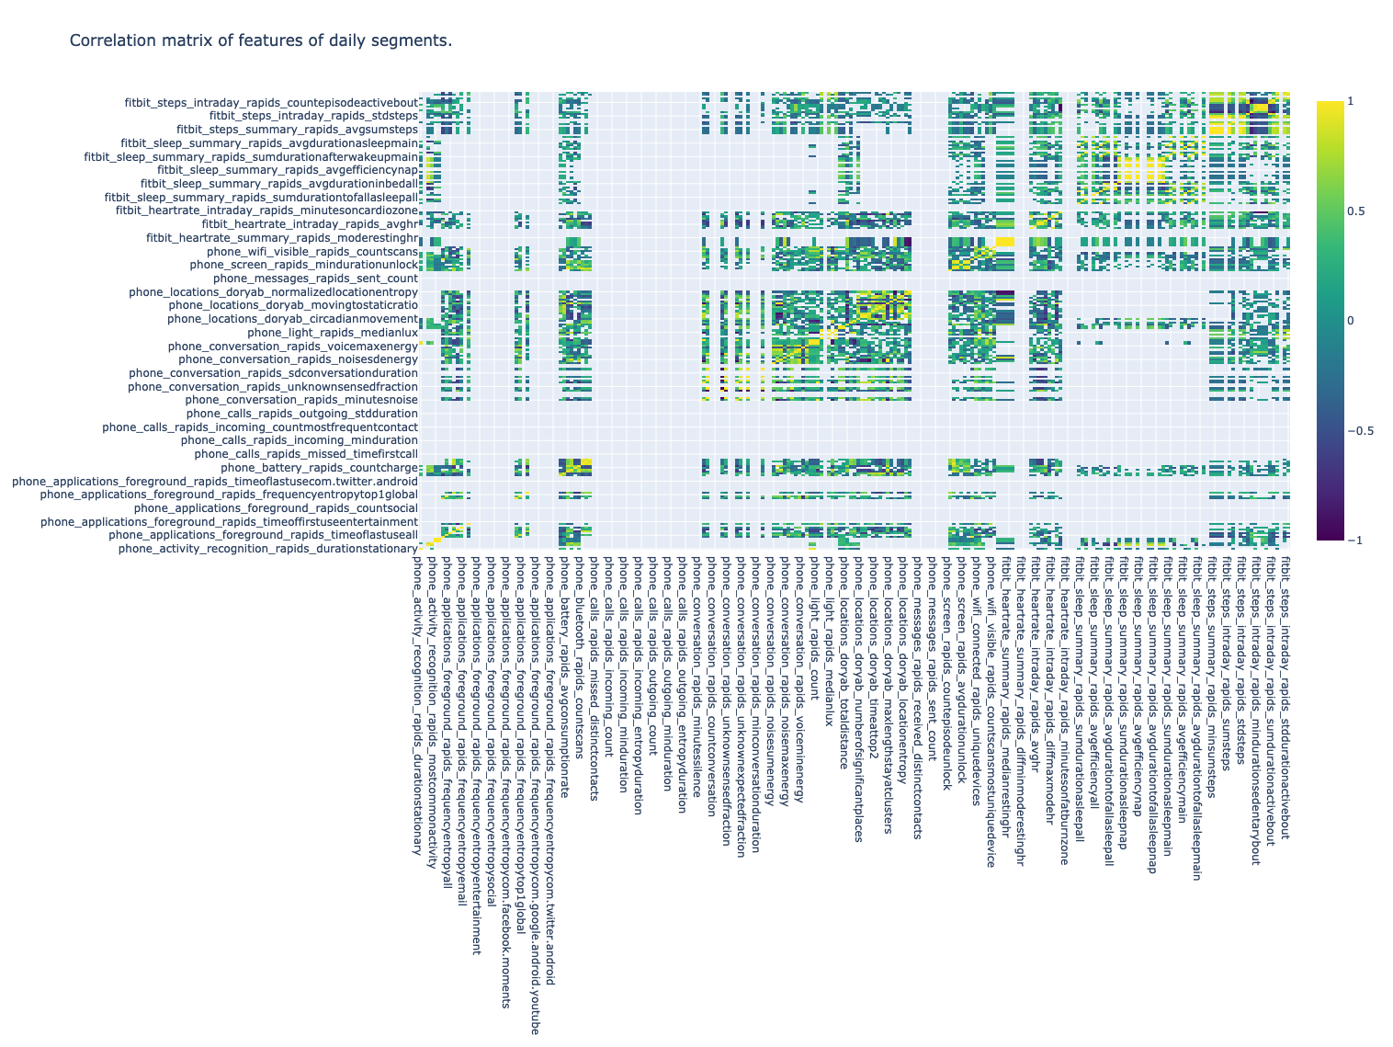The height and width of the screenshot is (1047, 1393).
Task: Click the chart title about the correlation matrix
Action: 260,40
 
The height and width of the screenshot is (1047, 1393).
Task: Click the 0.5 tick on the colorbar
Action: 1355,211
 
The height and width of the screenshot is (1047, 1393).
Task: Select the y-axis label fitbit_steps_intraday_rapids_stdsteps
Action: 314,116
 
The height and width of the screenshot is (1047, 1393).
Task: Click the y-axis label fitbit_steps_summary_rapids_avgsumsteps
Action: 298,130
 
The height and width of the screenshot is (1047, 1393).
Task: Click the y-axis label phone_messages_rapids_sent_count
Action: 315,278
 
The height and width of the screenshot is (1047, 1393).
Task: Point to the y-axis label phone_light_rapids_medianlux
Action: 333,332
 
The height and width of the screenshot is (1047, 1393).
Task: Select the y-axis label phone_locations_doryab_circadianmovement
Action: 293,319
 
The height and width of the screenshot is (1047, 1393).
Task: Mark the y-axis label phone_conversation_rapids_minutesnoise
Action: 301,400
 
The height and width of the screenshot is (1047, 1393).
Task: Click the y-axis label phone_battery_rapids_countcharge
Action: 319,468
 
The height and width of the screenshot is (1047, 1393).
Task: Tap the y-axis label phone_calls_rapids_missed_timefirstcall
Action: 306,454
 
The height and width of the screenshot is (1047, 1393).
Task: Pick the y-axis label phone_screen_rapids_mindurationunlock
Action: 304,265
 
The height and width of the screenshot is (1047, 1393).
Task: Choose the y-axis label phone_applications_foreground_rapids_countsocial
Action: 276,508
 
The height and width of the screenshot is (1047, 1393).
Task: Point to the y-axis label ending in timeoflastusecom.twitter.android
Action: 215,482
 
